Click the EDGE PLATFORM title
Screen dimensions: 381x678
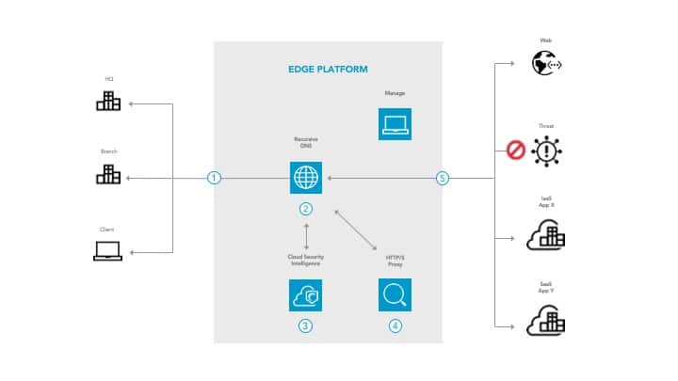327,70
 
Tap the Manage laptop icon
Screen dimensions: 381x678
395,123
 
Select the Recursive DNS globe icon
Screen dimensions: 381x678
305,177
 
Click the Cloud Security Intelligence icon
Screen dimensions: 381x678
305,294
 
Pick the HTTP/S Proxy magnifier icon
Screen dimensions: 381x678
395,294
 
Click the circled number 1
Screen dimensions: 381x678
215,178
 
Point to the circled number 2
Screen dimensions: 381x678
305,208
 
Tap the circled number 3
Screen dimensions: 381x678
305,325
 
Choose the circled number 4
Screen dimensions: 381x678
395,325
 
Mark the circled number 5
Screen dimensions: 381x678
442,178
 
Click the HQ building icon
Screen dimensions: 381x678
108,101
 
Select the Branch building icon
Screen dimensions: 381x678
108,174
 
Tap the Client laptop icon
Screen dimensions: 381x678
107,251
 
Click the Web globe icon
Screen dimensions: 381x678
545,63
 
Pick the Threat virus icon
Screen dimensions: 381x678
545,151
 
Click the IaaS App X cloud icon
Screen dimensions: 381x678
545,235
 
